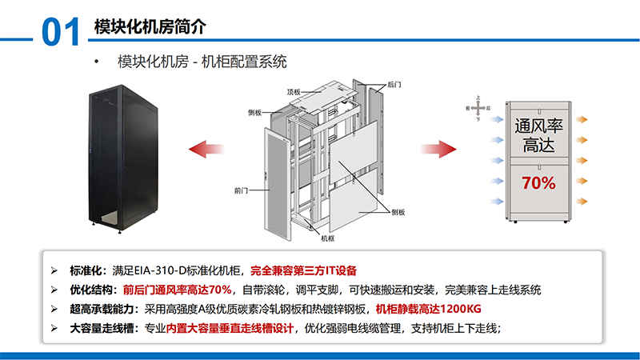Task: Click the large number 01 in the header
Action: [60, 33]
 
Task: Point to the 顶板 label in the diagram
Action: [294, 92]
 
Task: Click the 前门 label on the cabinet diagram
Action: [242, 191]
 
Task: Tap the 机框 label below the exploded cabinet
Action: [328, 238]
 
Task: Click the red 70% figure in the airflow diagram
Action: [538, 183]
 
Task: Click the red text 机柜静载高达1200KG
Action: [428, 309]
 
